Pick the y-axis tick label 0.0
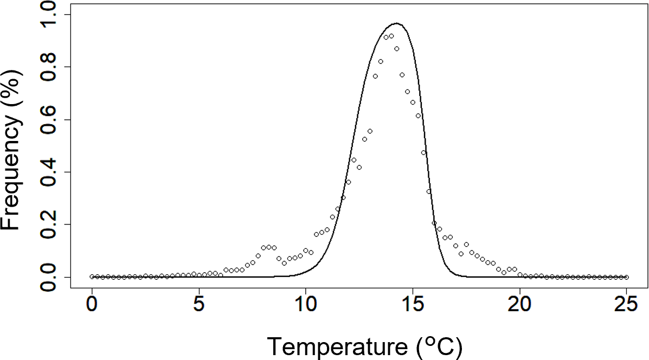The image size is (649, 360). tap(52, 277)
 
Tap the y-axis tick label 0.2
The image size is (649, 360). tap(52, 224)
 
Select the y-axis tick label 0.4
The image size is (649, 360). tap(52, 172)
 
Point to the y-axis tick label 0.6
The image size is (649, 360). tap(52, 119)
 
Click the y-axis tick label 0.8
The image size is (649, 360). tap(52, 67)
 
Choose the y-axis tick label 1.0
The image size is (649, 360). tap(52, 15)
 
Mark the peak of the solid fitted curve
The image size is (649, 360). tap(396, 23)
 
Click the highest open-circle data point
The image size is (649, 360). tap(391, 36)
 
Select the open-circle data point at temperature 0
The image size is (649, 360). tap(92, 277)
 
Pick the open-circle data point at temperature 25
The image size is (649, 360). tap(626, 277)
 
